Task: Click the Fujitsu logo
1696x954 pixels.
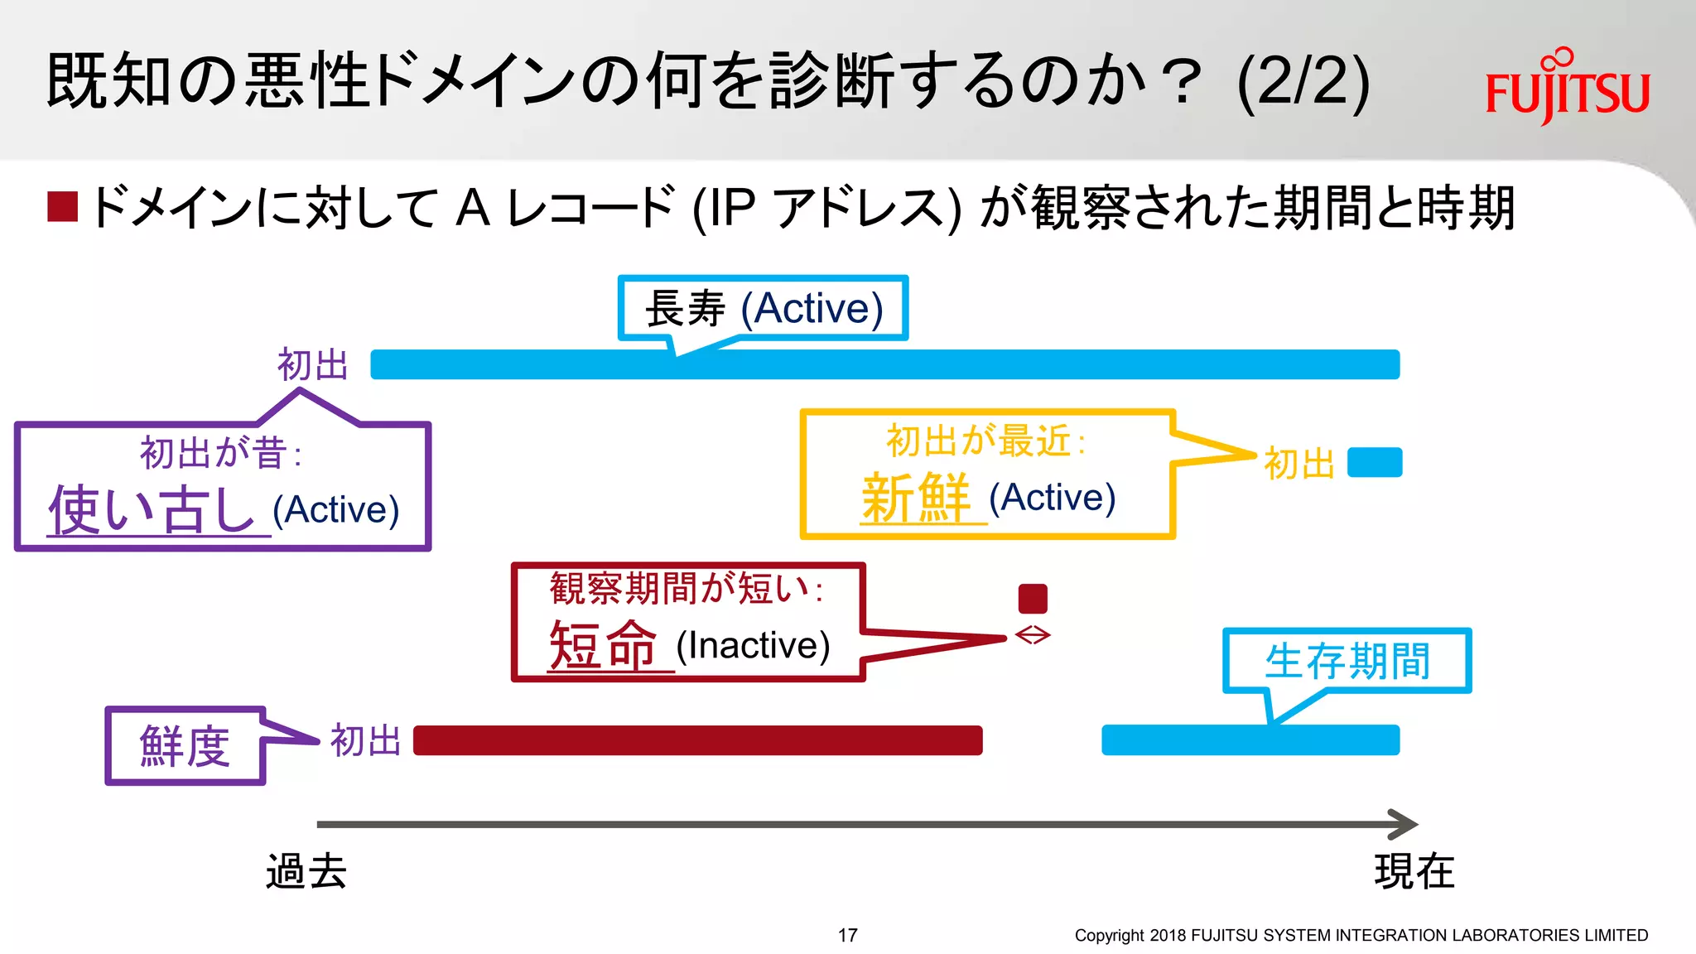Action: tap(1567, 88)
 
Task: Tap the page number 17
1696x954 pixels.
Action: tap(847, 935)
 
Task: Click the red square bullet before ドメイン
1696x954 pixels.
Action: tap(63, 207)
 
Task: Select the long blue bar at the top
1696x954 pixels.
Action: tap(884, 364)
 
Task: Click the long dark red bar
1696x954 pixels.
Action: tap(697, 740)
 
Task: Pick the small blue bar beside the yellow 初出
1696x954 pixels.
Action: tap(1375, 462)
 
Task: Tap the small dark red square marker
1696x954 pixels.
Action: tap(1033, 599)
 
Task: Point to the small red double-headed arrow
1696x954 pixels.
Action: tap(1033, 635)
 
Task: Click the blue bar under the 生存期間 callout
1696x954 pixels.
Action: tap(1250, 740)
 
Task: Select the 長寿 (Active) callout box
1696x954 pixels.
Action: tap(764, 308)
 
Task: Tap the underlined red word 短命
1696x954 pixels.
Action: tap(604, 645)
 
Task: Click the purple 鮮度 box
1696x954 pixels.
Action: tap(185, 746)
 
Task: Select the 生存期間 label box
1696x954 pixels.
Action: tap(1347, 661)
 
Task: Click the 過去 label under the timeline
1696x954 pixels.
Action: tap(306, 871)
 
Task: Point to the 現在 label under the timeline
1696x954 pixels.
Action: tap(1414, 871)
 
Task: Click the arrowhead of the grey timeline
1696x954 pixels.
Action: tap(1404, 824)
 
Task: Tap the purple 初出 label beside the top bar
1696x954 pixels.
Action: tap(312, 365)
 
